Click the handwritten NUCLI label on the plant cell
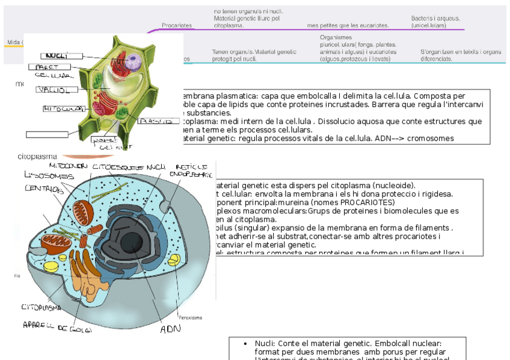click(55, 56)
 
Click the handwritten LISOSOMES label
click(49, 176)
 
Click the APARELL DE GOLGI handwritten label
click(57, 328)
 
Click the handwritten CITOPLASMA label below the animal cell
click(41, 307)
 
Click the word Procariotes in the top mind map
click(177, 25)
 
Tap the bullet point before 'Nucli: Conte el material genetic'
click(245, 343)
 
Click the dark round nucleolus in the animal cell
click(134, 243)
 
